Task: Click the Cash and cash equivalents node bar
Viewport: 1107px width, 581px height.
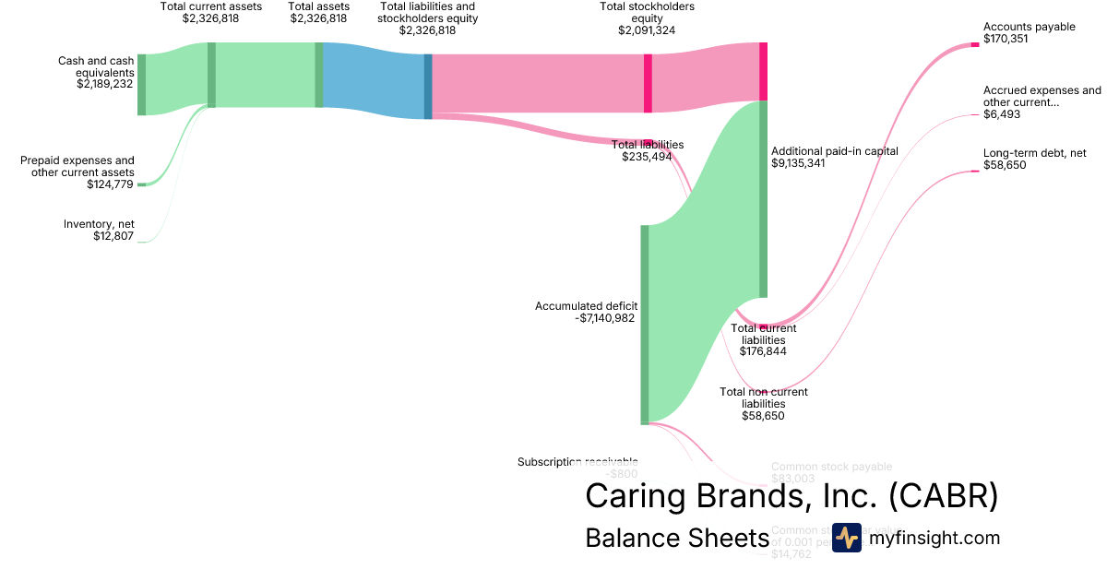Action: [x=141, y=85]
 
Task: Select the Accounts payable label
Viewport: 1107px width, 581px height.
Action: [x=1029, y=27]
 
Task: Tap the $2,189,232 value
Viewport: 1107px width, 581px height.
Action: [x=105, y=83]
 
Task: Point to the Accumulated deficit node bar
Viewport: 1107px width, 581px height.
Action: [x=645, y=324]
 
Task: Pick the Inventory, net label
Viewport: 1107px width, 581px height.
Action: [x=99, y=224]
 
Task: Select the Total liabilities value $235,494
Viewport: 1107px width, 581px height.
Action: [x=648, y=157]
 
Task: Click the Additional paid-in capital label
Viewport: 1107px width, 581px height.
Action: [x=834, y=150]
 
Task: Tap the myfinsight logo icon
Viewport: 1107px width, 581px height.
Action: [x=846, y=538]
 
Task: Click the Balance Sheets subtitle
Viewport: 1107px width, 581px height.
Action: [x=677, y=539]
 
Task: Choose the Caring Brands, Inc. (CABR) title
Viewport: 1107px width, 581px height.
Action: [x=792, y=496]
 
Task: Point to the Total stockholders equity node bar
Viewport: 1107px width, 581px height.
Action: [x=648, y=83]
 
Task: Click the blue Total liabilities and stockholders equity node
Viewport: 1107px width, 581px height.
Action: [x=428, y=87]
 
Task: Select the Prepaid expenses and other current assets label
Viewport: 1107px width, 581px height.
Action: [x=77, y=166]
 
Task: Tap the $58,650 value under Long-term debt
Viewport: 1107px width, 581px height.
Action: [x=1005, y=165]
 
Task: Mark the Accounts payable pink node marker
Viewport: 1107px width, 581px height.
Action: [x=974, y=44]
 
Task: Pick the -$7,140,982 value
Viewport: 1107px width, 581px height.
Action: [x=604, y=318]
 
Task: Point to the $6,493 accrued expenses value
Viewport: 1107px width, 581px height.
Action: [x=1002, y=115]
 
